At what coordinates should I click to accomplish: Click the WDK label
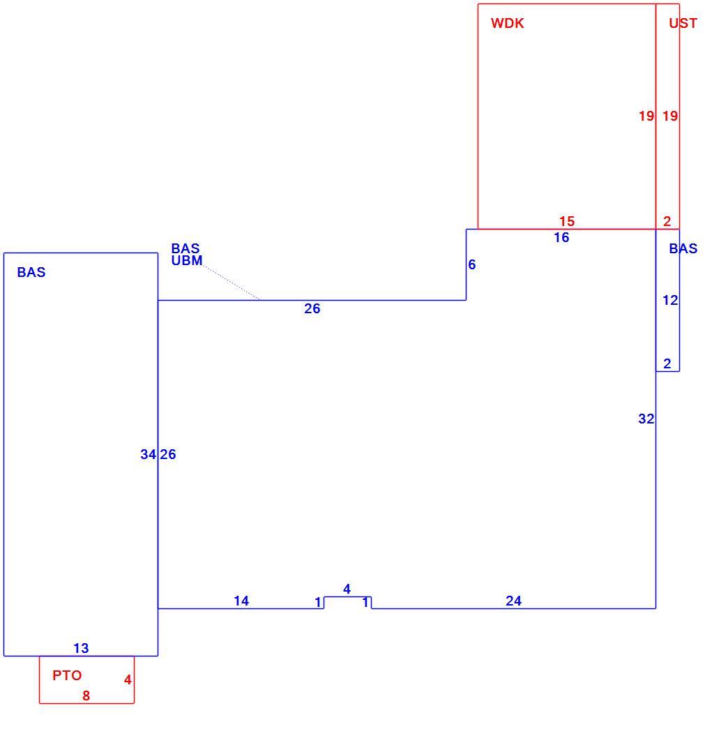[x=507, y=23]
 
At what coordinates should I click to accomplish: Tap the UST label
[x=683, y=23]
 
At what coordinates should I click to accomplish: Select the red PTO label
[x=67, y=675]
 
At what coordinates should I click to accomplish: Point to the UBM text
[x=187, y=260]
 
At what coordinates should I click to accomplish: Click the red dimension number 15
[x=566, y=221]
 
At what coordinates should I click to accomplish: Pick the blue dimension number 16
[x=561, y=238]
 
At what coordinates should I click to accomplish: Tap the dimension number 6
[x=471, y=264]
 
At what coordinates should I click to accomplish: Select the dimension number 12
[x=670, y=301]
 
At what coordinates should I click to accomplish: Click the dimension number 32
[x=646, y=419]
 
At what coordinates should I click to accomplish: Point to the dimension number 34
[x=149, y=454]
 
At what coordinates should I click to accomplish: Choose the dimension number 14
[x=241, y=601]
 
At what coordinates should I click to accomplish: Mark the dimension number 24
[x=513, y=601]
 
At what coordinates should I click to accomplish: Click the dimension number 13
[x=81, y=648]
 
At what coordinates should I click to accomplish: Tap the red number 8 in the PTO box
[x=86, y=696]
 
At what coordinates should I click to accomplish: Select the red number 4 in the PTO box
[x=128, y=679]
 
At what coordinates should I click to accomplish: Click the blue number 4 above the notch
[x=347, y=589]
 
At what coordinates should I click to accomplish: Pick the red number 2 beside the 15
[x=667, y=221]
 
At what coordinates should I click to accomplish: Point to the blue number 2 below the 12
[x=667, y=363]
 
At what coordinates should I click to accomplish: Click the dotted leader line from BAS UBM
[x=232, y=283]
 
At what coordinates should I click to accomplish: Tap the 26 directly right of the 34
[x=168, y=454]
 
